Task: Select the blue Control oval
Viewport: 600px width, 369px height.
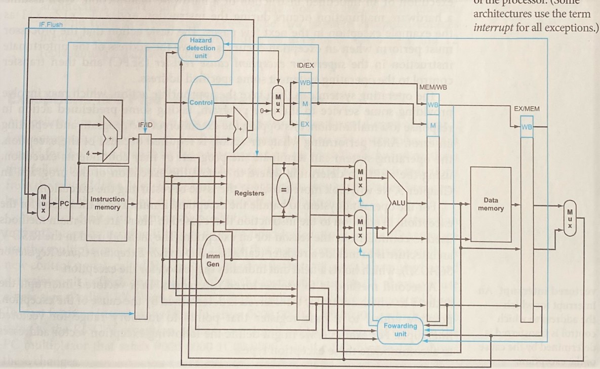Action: click(x=201, y=103)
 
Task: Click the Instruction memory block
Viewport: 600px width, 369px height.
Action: click(x=107, y=203)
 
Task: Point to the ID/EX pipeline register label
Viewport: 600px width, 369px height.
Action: click(x=304, y=65)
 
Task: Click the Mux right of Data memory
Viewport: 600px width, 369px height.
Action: click(x=570, y=218)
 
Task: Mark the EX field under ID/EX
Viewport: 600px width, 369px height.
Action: click(x=305, y=124)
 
